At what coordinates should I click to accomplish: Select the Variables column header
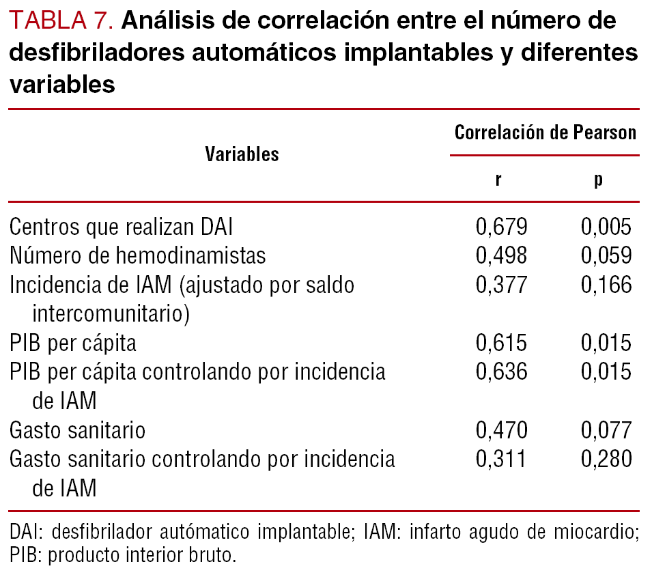(x=242, y=154)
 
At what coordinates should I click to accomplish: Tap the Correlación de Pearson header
(x=545, y=132)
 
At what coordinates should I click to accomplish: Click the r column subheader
(x=500, y=181)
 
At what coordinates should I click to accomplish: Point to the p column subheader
(x=598, y=181)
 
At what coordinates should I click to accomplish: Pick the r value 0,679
(x=501, y=227)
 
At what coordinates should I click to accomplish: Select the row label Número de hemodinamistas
(x=138, y=255)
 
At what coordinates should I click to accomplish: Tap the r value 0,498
(x=501, y=255)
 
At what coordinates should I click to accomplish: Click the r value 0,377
(x=501, y=285)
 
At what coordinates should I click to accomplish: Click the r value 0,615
(x=501, y=343)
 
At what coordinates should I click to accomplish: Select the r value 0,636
(x=501, y=372)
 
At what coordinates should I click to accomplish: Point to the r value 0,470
(x=501, y=430)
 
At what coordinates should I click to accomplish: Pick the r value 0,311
(x=501, y=460)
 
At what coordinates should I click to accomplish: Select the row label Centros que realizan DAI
(x=126, y=227)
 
